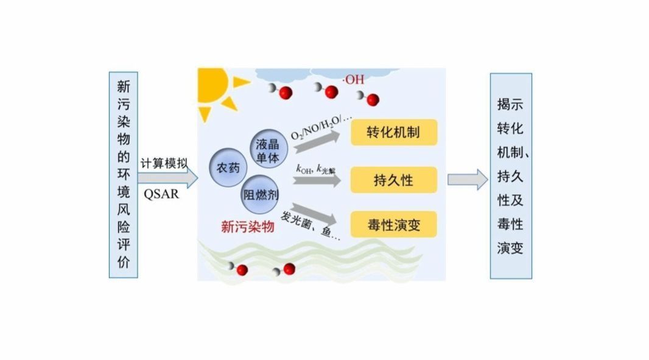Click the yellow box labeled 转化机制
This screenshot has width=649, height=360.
click(394, 132)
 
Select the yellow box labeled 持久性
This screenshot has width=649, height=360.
click(394, 180)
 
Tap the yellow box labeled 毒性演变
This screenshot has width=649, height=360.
click(394, 225)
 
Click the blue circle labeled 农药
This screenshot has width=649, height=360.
click(227, 168)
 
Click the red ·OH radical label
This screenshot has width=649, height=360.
click(354, 79)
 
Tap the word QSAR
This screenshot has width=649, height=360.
click(161, 195)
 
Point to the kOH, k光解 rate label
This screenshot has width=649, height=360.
click(315, 169)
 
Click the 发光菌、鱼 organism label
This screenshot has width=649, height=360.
click(310, 225)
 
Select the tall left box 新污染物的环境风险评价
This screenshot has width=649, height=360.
click(124, 175)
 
